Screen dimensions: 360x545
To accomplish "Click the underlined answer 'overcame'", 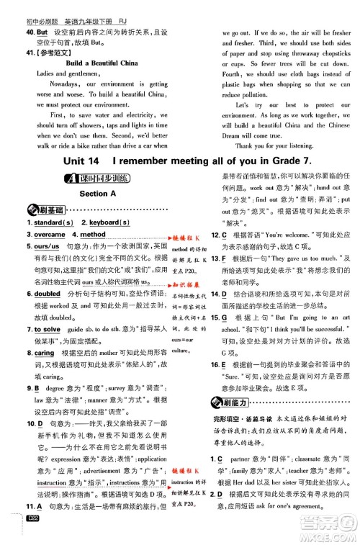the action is [x=50, y=235].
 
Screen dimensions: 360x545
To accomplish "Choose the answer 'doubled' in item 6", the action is [x=48, y=294].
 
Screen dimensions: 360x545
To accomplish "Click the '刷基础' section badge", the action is [x=47, y=210].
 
